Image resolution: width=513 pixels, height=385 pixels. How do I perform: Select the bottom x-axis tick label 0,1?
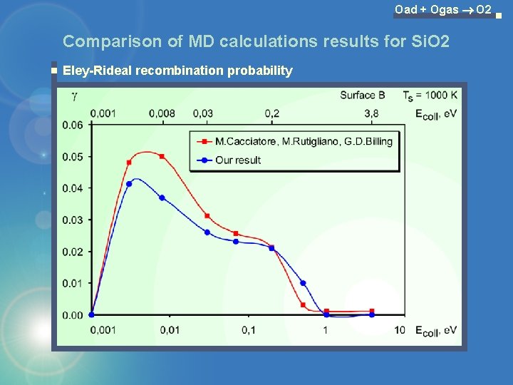tap(248, 330)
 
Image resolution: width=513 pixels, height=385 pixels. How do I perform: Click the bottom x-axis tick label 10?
tap(399, 330)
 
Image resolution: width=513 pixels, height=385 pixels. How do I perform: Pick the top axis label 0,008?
tap(162, 113)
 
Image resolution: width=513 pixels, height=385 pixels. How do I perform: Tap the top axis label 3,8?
tap(370, 113)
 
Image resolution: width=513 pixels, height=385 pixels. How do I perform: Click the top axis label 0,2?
tap(271, 113)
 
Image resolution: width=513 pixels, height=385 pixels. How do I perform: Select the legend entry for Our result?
tap(238, 160)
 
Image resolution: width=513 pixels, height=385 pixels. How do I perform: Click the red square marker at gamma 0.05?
tap(162, 156)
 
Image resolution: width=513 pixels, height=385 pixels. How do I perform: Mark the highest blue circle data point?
tap(129, 184)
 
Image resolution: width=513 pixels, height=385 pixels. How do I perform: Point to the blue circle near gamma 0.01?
tap(303, 283)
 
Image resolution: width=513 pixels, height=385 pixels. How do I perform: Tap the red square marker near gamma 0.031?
tap(207, 216)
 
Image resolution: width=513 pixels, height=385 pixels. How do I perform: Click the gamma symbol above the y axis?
tap(74, 95)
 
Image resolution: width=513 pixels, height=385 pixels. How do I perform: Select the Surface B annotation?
tap(363, 95)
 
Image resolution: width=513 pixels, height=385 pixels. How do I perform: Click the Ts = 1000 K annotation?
tap(430, 95)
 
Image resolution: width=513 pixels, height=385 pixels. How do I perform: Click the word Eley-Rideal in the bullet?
tap(98, 71)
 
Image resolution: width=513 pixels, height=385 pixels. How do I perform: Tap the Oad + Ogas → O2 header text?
tap(442, 9)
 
